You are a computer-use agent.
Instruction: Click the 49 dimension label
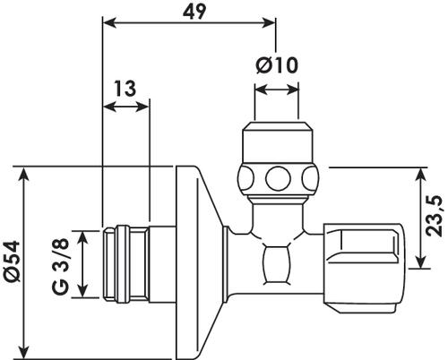coord(194,12)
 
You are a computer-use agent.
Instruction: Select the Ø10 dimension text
coord(277,65)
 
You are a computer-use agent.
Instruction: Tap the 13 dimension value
coord(125,89)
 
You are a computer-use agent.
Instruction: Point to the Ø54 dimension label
coord(13,261)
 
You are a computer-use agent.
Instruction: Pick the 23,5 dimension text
coord(434,216)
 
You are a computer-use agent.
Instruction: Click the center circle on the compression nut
coord(278,179)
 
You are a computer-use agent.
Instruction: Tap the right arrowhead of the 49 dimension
coord(268,23)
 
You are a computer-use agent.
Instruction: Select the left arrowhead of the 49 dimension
coord(109,23)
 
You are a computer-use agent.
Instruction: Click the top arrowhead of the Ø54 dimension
coord(23,174)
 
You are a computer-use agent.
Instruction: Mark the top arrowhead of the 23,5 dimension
coord(420,175)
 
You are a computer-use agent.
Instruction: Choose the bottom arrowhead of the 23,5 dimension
coord(420,261)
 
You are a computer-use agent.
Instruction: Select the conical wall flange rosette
coord(199,262)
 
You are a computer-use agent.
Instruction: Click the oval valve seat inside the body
coord(277,264)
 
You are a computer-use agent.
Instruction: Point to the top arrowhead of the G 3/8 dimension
coord(82,238)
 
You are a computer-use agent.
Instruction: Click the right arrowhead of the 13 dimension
coord(142,107)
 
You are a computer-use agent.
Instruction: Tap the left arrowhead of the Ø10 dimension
coord(262,90)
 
